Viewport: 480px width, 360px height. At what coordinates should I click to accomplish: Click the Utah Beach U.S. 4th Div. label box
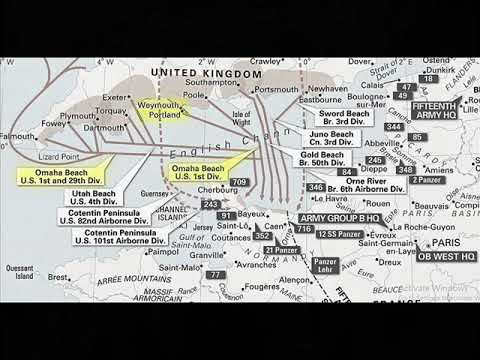click(x=92, y=195)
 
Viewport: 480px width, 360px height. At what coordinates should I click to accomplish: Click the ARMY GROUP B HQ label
click(x=338, y=216)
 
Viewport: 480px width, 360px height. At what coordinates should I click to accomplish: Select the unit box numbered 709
click(x=239, y=182)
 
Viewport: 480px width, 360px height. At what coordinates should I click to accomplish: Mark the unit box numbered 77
click(x=215, y=274)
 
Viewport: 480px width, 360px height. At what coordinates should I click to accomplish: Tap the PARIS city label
click(x=446, y=242)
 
